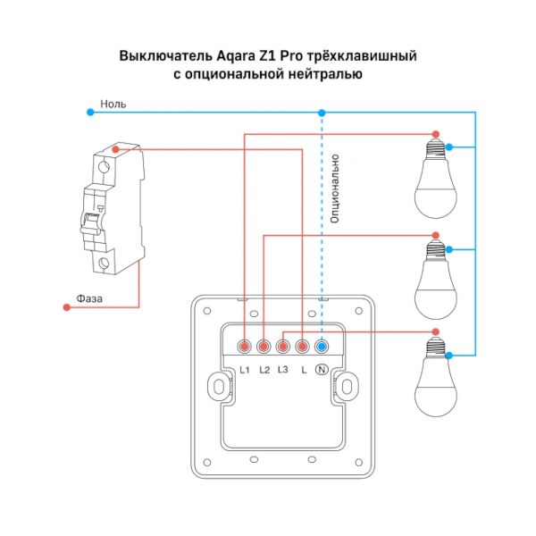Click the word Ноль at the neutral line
coord(113,104)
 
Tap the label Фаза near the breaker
coord(89,298)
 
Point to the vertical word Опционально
coord(335,188)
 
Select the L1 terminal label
coord(245,369)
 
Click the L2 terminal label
coord(264,369)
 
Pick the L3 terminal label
coord(283,369)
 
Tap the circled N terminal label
coord(322,369)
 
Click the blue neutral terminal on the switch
coord(322,346)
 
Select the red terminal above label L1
coord(245,346)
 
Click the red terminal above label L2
coord(264,346)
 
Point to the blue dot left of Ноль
coord(89,113)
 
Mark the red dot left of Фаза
coord(66,307)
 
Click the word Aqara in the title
coord(235,56)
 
